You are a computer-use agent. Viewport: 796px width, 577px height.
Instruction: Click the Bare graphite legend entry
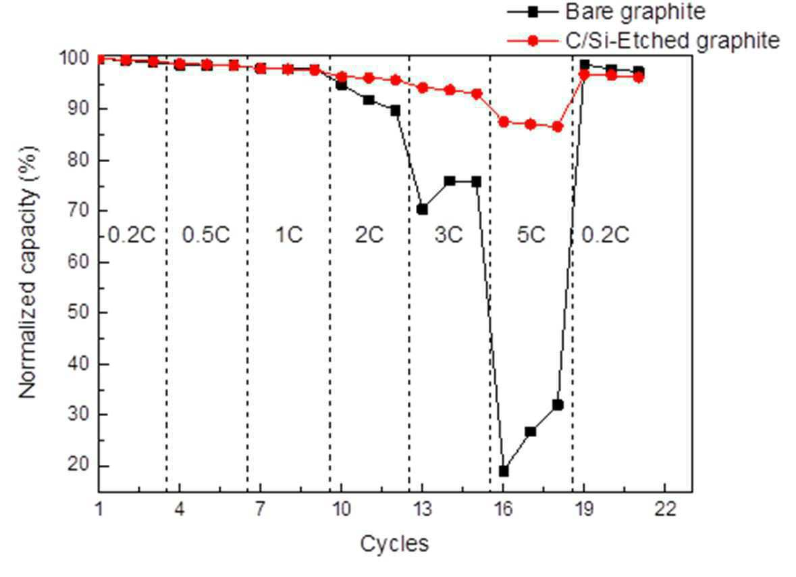click(606, 11)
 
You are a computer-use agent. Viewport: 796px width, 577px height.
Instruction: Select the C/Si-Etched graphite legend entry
click(643, 41)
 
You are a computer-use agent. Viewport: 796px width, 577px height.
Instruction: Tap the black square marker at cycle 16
click(504, 472)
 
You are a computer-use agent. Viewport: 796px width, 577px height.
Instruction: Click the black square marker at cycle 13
click(423, 209)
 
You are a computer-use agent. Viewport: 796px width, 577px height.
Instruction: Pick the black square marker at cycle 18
click(558, 405)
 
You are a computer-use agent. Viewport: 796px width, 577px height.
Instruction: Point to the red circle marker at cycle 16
click(504, 122)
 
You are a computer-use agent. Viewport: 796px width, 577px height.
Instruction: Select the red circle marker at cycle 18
click(558, 126)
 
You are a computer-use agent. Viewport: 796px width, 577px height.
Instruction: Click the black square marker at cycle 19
click(585, 64)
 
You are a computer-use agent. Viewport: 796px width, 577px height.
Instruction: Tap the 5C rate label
click(531, 234)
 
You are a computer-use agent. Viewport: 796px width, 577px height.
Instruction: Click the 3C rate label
click(449, 234)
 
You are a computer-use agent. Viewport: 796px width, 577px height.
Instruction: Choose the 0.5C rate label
click(206, 234)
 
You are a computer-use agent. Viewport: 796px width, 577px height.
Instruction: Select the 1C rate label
click(289, 234)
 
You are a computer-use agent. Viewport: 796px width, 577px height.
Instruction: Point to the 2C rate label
click(369, 234)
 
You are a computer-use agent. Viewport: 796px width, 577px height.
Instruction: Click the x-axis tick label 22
click(665, 508)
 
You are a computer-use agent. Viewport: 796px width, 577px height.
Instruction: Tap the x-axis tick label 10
click(342, 508)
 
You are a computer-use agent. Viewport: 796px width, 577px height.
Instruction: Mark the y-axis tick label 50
click(78, 312)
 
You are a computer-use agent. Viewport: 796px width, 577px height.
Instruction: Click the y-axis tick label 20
click(78, 465)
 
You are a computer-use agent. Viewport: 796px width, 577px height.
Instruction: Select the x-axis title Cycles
click(394, 544)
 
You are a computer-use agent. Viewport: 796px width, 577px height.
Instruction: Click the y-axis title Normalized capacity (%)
click(28, 272)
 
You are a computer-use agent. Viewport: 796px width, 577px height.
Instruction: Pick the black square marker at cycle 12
click(396, 110)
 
